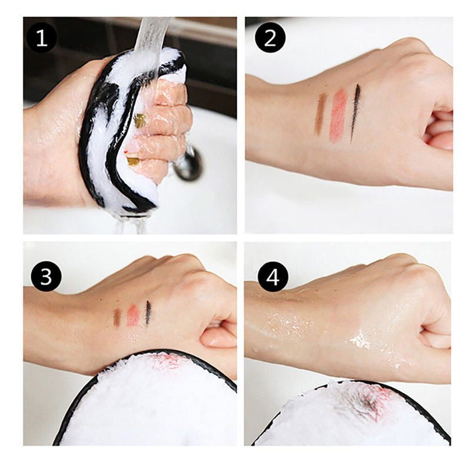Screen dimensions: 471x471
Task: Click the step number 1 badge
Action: click(x=42, y=38)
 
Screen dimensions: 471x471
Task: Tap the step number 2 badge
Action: click(x=270, y=38)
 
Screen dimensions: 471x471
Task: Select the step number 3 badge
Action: click(x=47, y=276)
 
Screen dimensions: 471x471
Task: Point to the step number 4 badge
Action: click(x=273, y=277)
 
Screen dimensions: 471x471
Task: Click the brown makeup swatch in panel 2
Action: click(x=320, y=114)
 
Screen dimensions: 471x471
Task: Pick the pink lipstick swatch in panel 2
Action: click(x=338, y=115)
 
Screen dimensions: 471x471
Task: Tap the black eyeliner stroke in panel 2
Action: click(x=355, y=112)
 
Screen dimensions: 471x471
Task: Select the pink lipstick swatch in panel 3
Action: click(x=133, y=316)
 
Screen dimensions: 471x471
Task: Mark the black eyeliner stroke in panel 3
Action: click(x=148, y=313)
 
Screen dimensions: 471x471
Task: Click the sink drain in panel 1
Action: click(x=188, y=164)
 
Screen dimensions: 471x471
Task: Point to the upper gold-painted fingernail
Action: click(x=140, y=121)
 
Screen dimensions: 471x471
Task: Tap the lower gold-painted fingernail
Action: click(x=133, y=161)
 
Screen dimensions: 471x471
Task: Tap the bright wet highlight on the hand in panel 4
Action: click(x=360, y=341)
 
